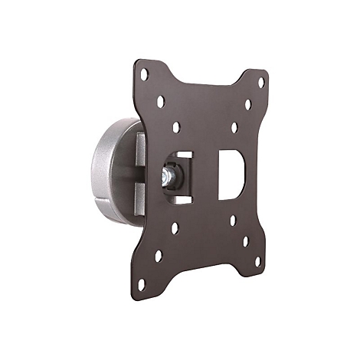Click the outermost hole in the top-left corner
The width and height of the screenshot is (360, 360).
point(144,74)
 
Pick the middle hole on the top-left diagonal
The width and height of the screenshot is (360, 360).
point(160,100)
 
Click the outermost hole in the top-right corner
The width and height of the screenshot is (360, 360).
point(261,82)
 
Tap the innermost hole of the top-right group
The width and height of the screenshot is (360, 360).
point(234,127)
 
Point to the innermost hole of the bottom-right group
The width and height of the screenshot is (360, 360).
point(233,221)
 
